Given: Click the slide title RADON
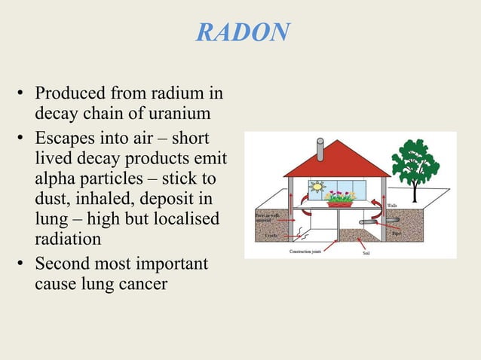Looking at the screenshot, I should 242,32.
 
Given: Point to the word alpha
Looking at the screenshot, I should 58,179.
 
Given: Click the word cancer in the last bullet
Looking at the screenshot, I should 141,285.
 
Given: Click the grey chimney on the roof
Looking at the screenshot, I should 320,148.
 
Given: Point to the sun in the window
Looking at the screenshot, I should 317,187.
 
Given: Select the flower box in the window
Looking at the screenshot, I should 340,200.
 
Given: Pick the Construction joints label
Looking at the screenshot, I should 305,251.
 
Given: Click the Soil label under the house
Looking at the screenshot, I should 366,253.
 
